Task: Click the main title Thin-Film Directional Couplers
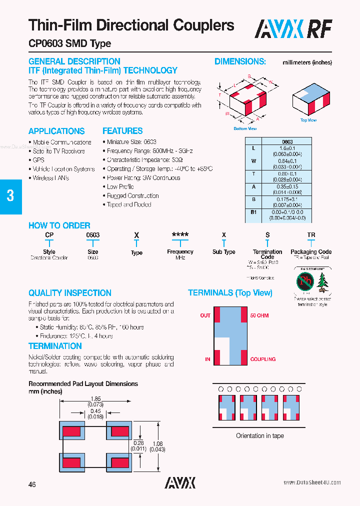[x=131, y=25]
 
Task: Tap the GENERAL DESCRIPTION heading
[x=74, y=61]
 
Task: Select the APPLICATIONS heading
[x=56, y=131]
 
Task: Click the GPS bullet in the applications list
[x=38, y=160]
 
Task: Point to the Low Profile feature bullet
[x=120, y=187]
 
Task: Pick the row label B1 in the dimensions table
[x=253, y=213]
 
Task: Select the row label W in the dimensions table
[x=253, y=161]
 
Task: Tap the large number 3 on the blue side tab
[x=10, y=195]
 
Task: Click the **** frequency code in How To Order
[x=180, y=234]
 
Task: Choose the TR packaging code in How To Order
[x=311, y=234]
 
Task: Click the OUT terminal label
[x=205, y=315]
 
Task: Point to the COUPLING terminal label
[x=263, y=359]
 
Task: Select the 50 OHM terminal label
[x=259, y=315]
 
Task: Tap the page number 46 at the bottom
[x=32, y=484]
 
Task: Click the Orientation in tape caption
[x=259, y=436]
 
